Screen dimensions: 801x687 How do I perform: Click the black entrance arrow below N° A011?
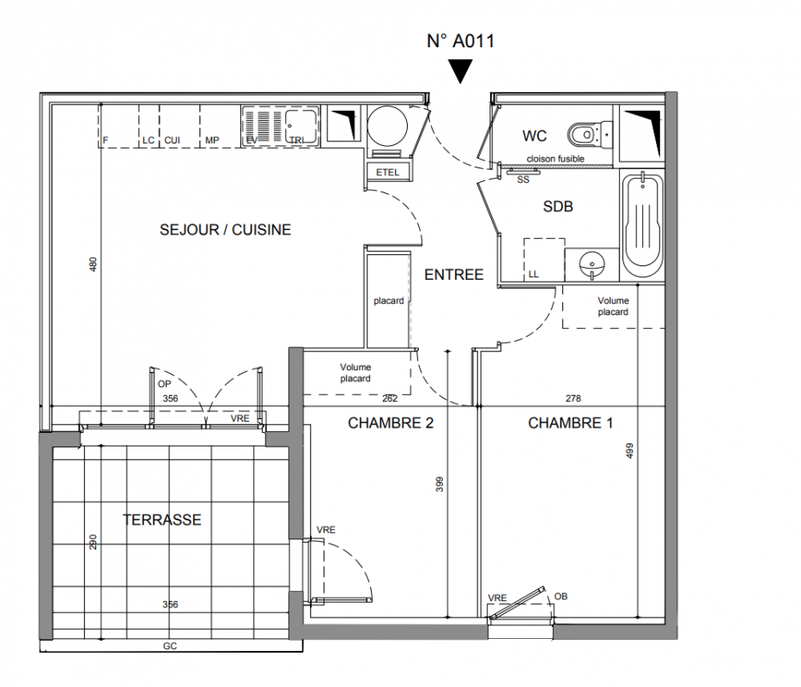[x=460, y=70]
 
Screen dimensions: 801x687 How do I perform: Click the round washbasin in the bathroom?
[x=592, y=264]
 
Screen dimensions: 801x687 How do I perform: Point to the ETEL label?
[x=387, y=173]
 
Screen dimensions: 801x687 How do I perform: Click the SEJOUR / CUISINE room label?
[x=225, y=230]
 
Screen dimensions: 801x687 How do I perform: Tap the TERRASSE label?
[x=162, y=520]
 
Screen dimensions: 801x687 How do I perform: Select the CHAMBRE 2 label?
[x=391, y=423]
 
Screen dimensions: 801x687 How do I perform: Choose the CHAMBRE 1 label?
[x=570, y=423]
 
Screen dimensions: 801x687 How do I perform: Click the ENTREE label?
[x=453, y=275]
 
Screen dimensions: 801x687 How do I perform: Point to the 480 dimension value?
[x=93, y=264]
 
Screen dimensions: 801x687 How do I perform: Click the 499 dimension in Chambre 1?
[x=629, y=450]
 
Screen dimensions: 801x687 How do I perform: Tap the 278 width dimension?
[x=573, y=398]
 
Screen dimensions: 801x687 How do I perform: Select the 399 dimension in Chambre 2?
[x=440, y=484]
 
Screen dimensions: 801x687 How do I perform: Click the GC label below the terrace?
[x=170, y=646]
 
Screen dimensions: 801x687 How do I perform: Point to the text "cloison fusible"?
[x=555, y=159]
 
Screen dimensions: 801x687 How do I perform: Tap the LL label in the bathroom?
[x=533, y=275]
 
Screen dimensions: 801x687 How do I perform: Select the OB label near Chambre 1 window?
[x=561, y=597]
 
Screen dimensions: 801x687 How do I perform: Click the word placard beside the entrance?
[x=389, y=301]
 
